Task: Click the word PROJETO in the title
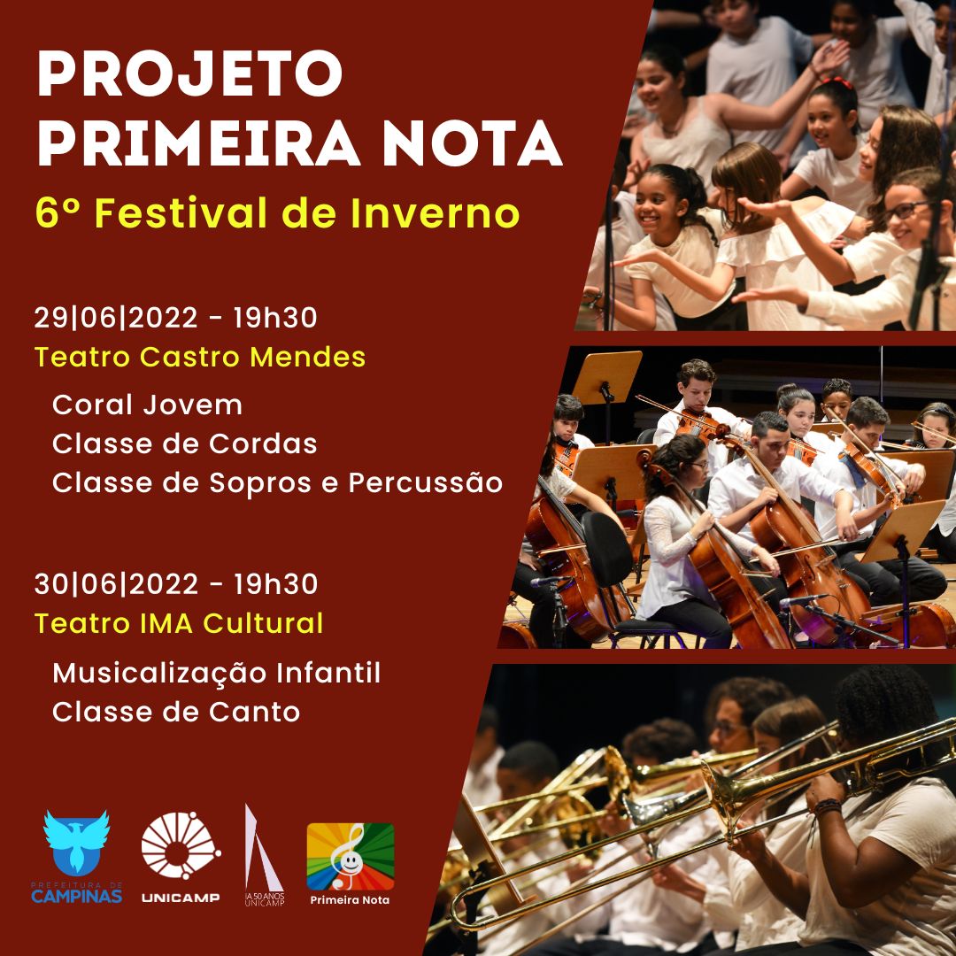[189, 73]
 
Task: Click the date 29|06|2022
[116, 318]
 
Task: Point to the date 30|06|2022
[116, 584]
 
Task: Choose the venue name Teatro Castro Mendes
[200, 357]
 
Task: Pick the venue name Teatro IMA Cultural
[179, 623]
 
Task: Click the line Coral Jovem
[147, 405]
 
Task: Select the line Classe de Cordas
[185, 443]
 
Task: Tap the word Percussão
[426, 483]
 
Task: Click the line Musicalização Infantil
[217, 673]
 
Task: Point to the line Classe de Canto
[176, 712]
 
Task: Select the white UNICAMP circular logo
[181, 845]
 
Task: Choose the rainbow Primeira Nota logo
[350, 857]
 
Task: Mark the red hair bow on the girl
[839, 83]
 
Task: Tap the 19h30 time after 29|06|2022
[275, 318]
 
